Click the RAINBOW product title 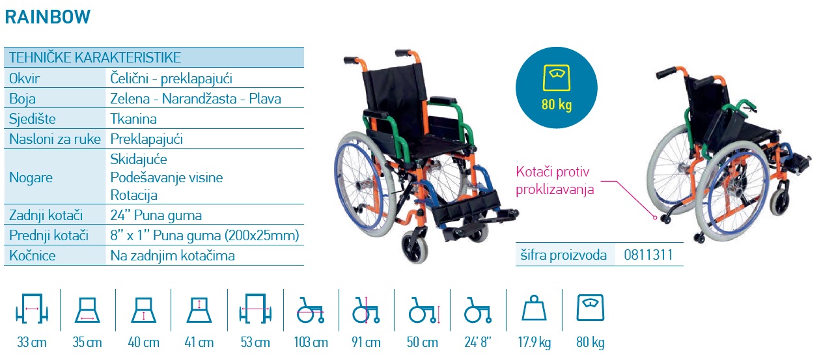pyautogui.click(x=48, y=17)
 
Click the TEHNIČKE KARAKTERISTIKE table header pyautogui.click(x=95, y=57)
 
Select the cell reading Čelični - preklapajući pyautogui.click(x=171, y=79)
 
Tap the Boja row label pyautogui.click(x=22, y=98)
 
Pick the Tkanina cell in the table pyautogui.click(x=133, y=118)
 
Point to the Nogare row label pyautogui.click(x=31, y=178)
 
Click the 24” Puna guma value pyautogui.click(x=156, y=215)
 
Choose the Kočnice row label pyautogui.click(x=33, y=255)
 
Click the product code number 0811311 pyautogui.click(x=648, y=255)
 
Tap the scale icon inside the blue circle pyautogui.click(x=557, y=77)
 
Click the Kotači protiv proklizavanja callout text pyautogui.click(x=555, y=181)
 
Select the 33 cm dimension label pyautogui.click(x=32, y=342)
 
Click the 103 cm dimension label pyautogui.click(x=311, y=342)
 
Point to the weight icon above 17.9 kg pyautogui.click(x=534, y=308)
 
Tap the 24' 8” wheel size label pyautogui.click(x=478, y=342)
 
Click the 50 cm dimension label pyautogui.click(x=423, y=342)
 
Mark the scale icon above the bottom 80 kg pyautogui.click(x=590, y=307)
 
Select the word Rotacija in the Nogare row pyautogui.click(x=133, y=195)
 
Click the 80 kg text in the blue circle pyautogui.click(x=557, y=104)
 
